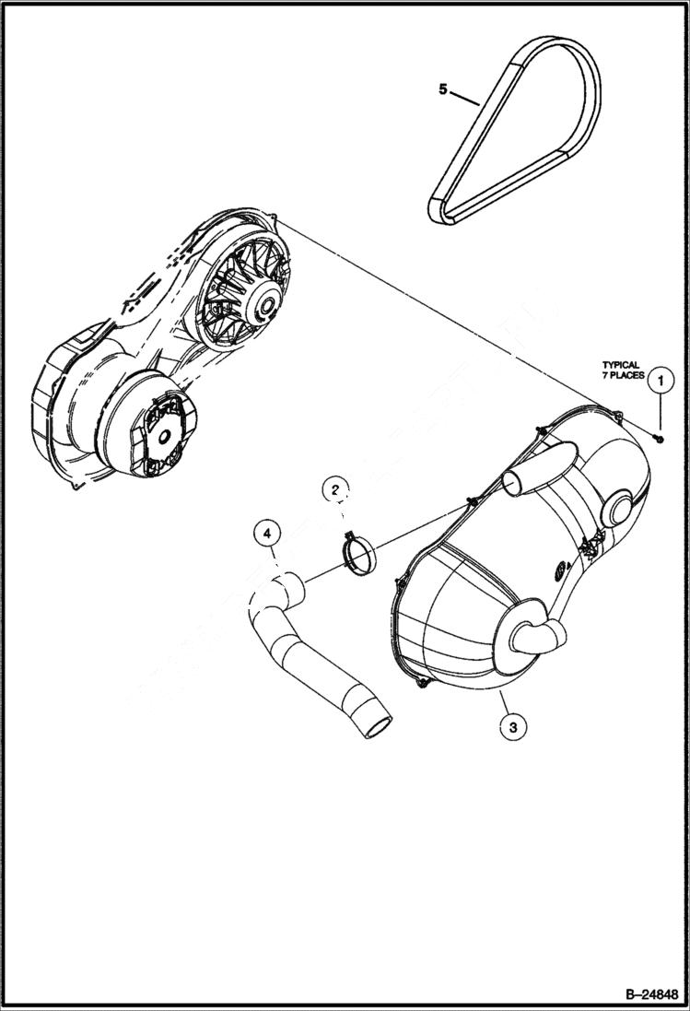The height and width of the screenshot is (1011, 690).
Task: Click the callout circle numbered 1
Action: (659, 379)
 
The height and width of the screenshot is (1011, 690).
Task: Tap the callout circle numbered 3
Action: (512, 727)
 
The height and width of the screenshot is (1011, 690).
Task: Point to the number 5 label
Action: (443, 89)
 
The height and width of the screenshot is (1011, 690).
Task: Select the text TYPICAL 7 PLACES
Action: (621, 370)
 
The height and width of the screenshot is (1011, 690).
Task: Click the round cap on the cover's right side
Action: (618, 507)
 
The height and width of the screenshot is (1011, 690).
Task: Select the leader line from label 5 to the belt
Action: (465, 97)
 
